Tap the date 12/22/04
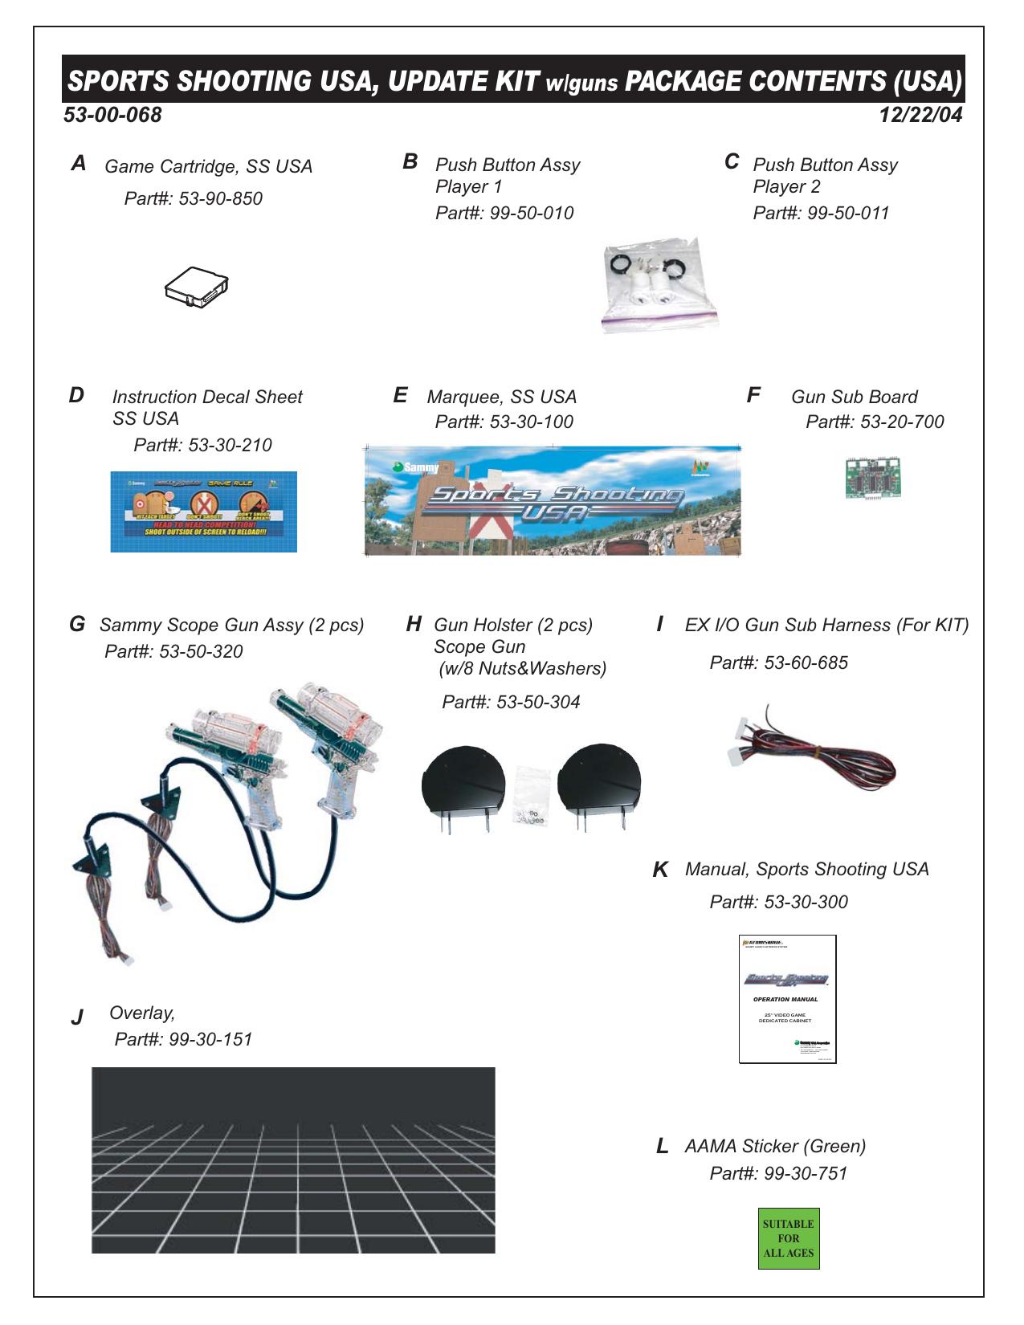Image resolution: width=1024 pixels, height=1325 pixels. coord(920,115)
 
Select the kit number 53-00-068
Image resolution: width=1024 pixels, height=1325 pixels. coord(112,115)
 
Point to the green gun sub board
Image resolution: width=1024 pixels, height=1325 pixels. coord(872,478)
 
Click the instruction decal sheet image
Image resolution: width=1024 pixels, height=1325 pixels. coord(203,512)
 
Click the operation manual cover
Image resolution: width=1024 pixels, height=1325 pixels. coord(787,999)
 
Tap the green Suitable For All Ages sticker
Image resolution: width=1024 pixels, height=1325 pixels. coord(788,1238)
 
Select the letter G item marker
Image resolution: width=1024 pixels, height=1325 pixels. coord(77,624)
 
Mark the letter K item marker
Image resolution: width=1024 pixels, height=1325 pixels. coord(661,870)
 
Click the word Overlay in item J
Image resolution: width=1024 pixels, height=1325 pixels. coord(142,1013)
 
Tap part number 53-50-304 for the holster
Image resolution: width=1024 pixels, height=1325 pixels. coord(538,702)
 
